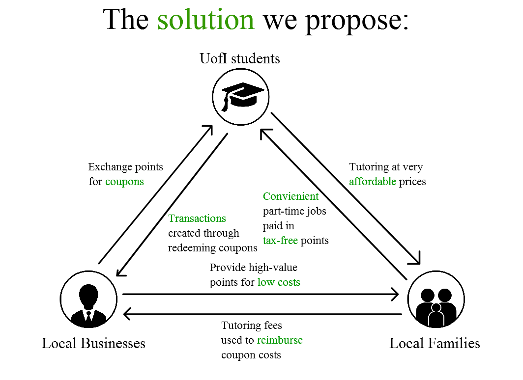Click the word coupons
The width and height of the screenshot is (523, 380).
(124, 182)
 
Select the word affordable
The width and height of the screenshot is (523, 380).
(372, 182)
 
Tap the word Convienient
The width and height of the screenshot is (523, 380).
(291, 196)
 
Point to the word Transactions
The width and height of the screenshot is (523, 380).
(197, 218)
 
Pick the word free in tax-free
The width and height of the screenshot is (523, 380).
(289, 241)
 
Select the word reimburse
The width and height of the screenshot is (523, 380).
(280, 340)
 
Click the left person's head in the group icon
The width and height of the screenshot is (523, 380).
(428, 295)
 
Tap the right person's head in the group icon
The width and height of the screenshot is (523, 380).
(445, 295)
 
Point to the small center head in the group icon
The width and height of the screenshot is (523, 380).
(436, 308)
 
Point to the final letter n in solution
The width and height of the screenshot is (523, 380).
(247, 22)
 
